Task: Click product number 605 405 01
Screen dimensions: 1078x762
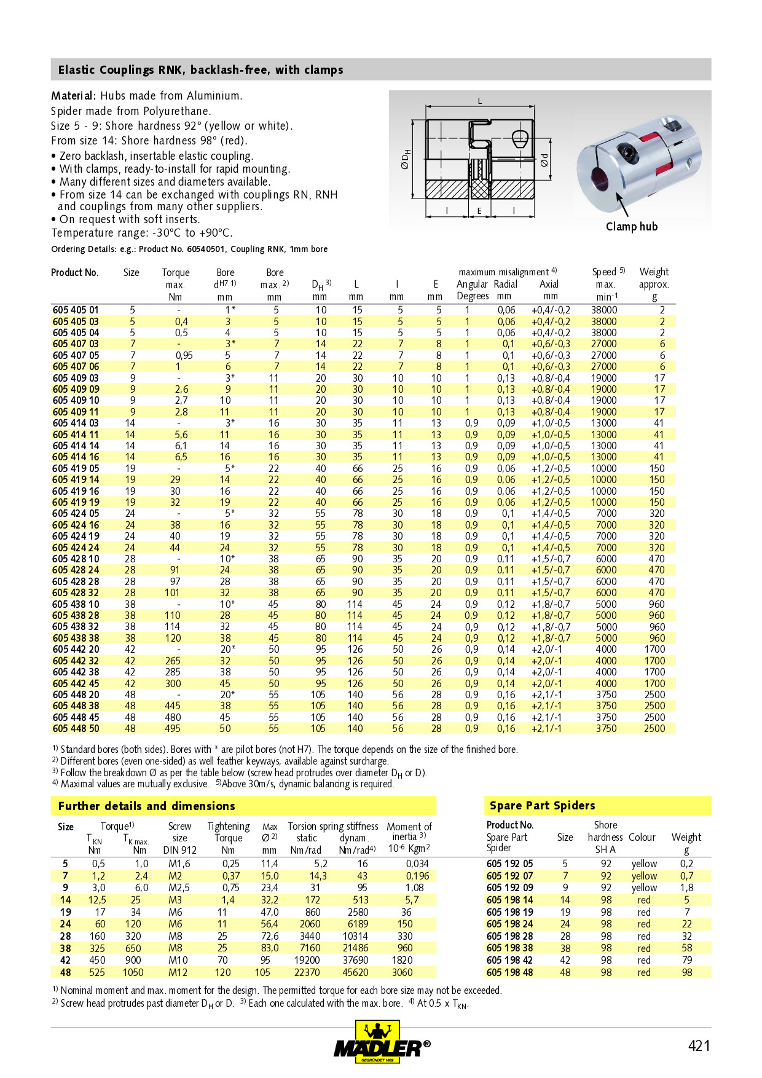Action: tap(75, 310)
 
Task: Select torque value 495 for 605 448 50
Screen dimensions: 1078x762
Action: tap(173, 728)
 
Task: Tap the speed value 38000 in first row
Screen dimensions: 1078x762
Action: tap(603, 310)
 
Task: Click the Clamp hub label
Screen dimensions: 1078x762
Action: tap(631, 227)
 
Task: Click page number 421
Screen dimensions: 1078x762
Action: tap(699, 1045)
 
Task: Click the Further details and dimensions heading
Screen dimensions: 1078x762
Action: tap(146, 806)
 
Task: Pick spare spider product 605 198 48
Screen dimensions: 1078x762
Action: tap(509, 972)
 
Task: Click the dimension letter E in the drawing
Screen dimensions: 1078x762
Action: tap(479, 211)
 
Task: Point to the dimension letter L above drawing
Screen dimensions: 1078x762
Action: tap(480, 101)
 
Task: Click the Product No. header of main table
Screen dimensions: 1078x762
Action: tap(74, 272)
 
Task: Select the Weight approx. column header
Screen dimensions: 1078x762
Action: tap(654, 278)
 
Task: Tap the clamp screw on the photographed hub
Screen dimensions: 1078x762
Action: tap(626, 149)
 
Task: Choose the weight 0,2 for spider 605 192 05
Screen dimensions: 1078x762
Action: tap(686, 864)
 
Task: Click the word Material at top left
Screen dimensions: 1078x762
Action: tap(73, 96)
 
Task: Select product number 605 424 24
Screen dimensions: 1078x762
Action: tap(75, 548)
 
